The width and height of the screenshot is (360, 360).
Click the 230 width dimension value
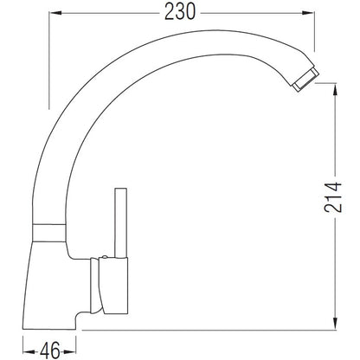click(x=180, y=12)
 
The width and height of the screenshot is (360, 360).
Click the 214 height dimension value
click(x=333, y=197)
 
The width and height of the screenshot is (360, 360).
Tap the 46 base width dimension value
click(x=50, y=350)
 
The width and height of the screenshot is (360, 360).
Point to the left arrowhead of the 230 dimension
click(x=55, y=13)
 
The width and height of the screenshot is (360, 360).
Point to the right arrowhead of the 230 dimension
click(x=308, y=13)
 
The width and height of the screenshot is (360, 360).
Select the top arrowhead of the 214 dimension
click(x=335, y=90)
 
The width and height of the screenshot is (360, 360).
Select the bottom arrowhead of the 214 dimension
click(x=335, y=323)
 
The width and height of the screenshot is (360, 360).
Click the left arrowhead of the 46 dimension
click(x=29, y=351)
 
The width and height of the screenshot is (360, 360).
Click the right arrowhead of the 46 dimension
click(x=70, y=351)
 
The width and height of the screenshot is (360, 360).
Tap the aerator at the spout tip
click(x=306, y=80)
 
